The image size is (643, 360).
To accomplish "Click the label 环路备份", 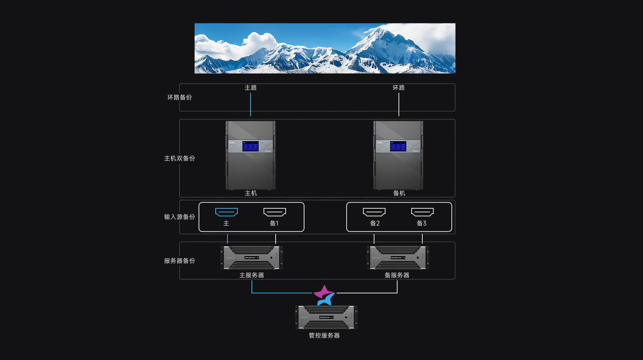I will coord(180,97).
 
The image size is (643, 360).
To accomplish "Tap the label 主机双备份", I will coord(180,158).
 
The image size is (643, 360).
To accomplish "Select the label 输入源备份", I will coord(180,217).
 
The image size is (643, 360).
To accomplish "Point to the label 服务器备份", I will coord(180,261).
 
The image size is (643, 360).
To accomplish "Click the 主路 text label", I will coord(251,88).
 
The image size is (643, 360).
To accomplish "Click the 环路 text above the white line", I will coord(399,88).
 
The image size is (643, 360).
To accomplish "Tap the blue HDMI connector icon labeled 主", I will coord(226,212).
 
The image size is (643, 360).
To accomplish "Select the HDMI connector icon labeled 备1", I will coord(275,212).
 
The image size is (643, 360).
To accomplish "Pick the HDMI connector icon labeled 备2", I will coord(374,212).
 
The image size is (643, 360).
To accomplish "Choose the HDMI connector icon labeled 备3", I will coord(422,212).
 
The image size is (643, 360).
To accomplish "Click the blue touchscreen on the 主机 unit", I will coord(251,146).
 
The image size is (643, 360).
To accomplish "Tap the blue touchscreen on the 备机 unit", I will coord(398,146).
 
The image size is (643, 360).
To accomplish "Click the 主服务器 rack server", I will coord(252,258).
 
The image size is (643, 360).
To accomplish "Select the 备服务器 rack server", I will coord(398,258).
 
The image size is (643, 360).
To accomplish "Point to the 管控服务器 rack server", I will coord(326,317).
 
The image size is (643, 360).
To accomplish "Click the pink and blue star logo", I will coord(324,295).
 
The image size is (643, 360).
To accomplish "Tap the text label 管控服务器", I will coord(324,336).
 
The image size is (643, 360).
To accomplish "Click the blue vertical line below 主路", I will coord(251,104).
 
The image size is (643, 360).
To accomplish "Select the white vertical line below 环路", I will coord(399,104).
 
